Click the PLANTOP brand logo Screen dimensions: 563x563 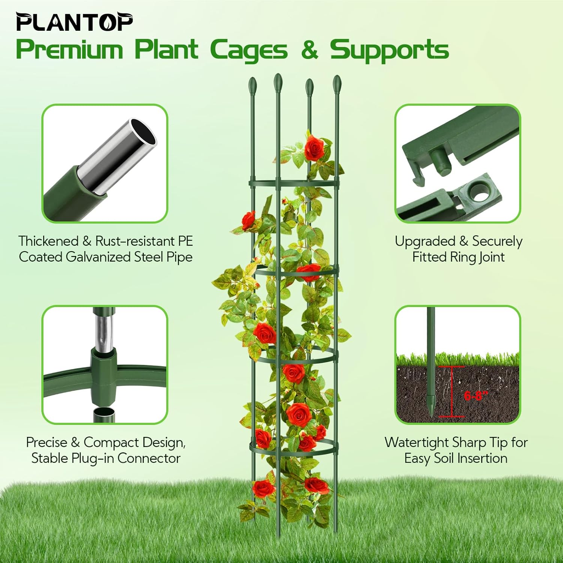74,23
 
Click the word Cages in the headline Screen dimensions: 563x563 248,50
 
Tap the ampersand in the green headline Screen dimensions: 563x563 309,50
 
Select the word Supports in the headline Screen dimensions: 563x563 389,50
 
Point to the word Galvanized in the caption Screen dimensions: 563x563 99,257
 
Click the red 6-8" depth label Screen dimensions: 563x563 476,395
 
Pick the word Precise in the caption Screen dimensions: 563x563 47,442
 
